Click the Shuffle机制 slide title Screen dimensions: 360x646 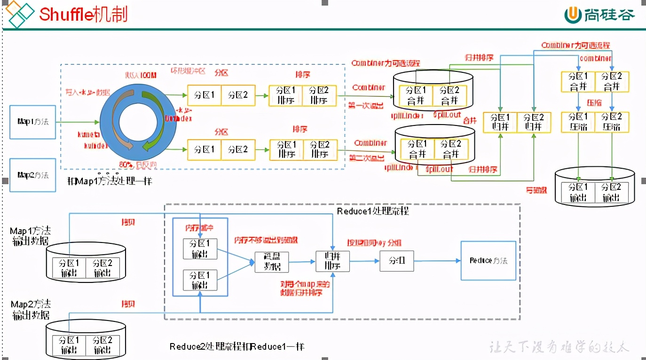pos(83,14)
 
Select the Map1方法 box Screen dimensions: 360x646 pos(33,122)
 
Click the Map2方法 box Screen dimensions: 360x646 pos(33,175)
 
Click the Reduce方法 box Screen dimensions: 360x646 pos(488,261)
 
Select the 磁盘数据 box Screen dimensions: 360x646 pos(272,262)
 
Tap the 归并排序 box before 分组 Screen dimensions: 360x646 pos(333,261)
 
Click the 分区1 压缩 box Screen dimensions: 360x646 pos(578,122)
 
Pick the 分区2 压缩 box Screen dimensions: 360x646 pos(612,122)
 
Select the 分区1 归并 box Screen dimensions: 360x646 pos(500,122)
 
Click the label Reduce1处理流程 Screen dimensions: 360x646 pos(373,211)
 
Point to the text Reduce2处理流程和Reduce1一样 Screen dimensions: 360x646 pos(237,347)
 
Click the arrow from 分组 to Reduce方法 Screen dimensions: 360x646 pos(437,261)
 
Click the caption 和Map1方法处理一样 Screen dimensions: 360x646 pos(110,180)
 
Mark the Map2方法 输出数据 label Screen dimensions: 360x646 pos(31,310)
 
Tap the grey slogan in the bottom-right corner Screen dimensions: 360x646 pos(559,347)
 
